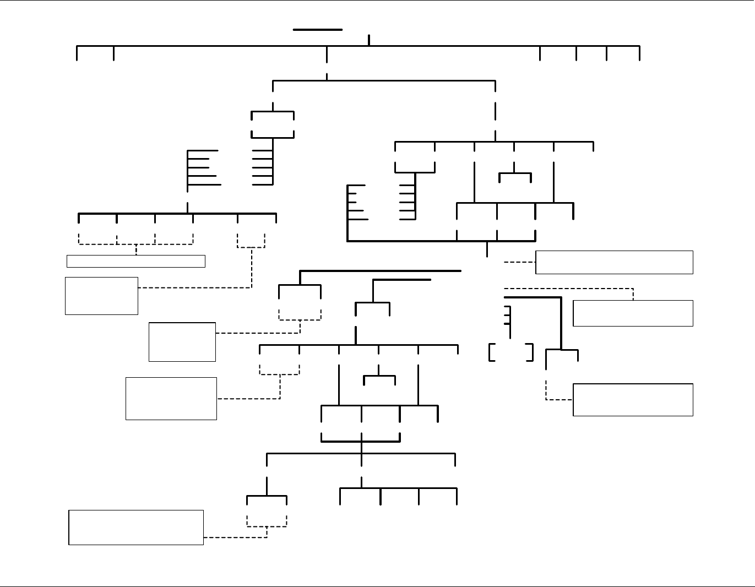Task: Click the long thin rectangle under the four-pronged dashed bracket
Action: pos(136,261)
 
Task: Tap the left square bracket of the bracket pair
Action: pos(490,352)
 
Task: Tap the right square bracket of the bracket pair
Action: pos(532,352)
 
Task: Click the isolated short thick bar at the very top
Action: pos(318,30)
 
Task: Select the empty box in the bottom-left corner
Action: pos(136,528)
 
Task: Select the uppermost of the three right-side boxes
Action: pos(614,262)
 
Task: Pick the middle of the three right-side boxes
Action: pos(633,313)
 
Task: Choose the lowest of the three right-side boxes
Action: pos(633,399)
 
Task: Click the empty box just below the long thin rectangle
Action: pos(101,296)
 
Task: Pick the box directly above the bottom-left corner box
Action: pos(171,399)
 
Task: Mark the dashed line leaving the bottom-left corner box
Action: pos(235,537)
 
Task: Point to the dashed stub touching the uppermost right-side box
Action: pos(519,262)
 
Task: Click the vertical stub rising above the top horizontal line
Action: pos(369,40)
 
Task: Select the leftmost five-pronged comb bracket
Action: pos(203,167)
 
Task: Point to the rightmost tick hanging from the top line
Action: pos(639,53)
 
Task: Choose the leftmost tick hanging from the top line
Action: pos(77,53)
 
